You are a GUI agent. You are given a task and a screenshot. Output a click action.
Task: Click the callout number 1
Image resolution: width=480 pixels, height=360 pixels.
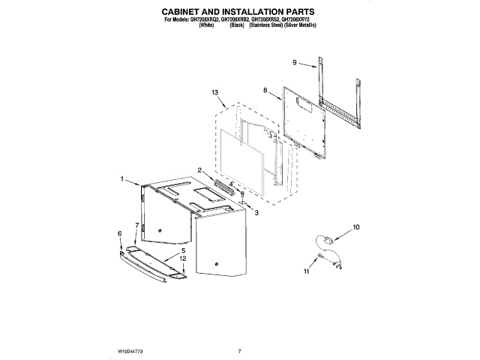[x=121, y=178]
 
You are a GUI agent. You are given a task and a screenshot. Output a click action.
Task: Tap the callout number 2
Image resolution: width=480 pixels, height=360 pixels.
[x=200, y=170]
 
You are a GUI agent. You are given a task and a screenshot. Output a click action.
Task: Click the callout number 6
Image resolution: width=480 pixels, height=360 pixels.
[x=119, y=234]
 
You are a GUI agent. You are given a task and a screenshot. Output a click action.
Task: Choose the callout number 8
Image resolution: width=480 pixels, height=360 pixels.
[x=265, y=90]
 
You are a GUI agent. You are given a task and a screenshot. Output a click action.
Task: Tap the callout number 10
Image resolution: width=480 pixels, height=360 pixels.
[x=356, y=226]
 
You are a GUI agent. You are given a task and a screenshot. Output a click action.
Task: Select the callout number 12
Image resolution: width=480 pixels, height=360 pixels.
[x=182, y=259]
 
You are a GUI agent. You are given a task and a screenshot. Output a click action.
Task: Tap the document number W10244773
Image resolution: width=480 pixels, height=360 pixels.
[x=130, y=351]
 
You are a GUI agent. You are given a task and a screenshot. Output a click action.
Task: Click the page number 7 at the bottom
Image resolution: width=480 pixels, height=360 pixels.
[x=239, y=351]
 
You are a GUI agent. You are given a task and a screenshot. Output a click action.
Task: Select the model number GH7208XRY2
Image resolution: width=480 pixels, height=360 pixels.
[x=298, y=20]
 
